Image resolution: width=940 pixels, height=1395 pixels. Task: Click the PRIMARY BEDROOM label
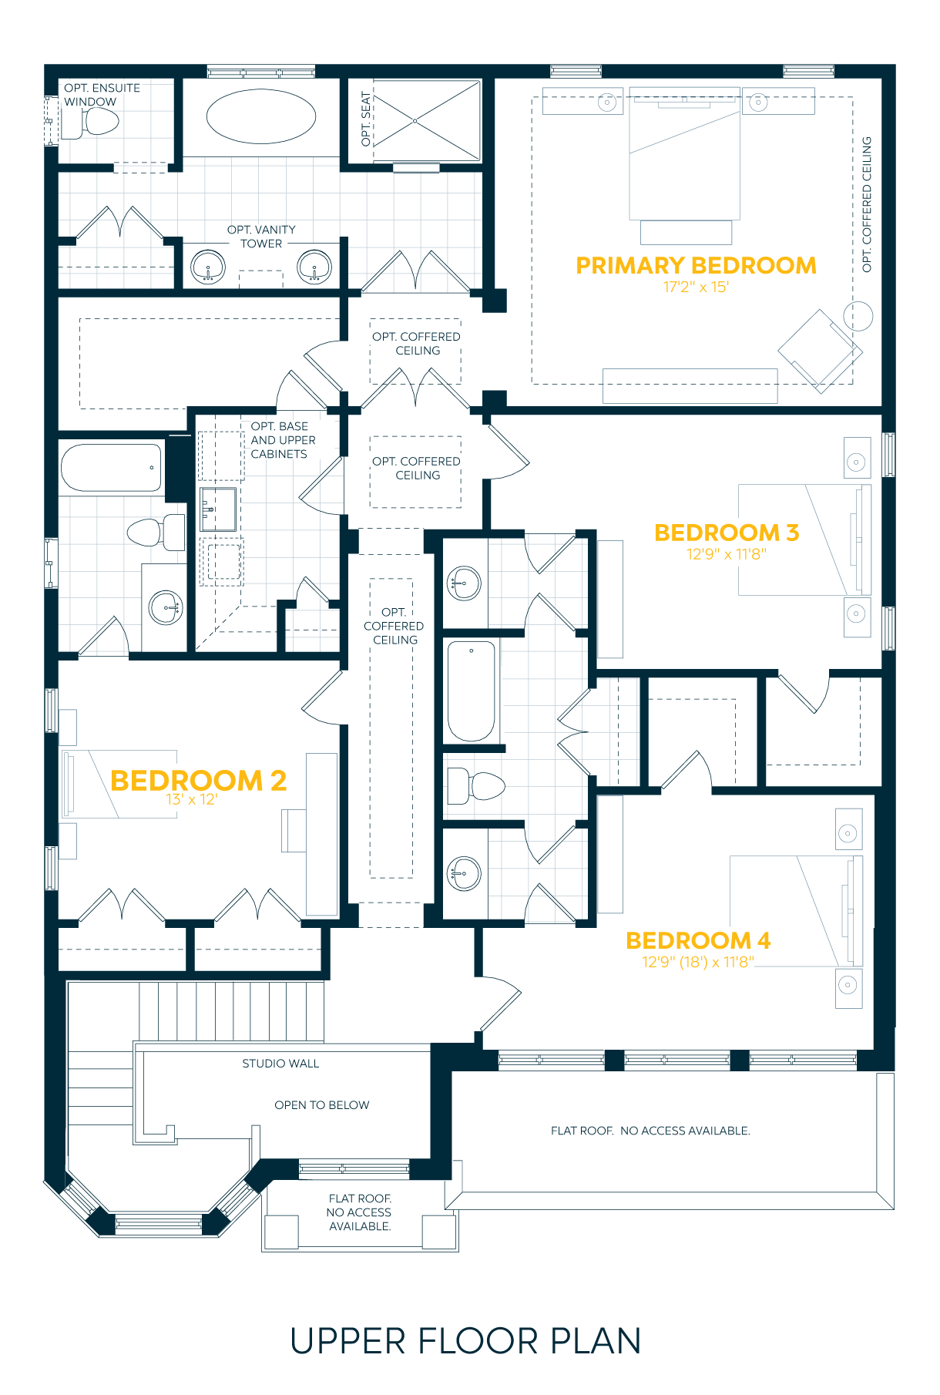pyautogui.click(x=696, y=266)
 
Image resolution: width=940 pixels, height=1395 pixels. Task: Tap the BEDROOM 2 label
pyautogui.click(x=198, y=781)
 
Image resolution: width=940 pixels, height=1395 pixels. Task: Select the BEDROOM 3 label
pyautogui.click(x=726, y=533)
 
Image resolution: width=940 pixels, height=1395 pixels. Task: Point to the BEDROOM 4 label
pyautogui.click(x=697, y=940)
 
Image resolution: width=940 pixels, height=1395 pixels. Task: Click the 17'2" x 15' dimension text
pyautogui.click(x=696, y=287)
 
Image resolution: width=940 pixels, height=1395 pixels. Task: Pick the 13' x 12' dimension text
pyautogui.click(x=192, y=800)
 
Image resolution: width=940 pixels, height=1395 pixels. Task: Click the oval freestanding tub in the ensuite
pyautogui.click(x=261, y=117)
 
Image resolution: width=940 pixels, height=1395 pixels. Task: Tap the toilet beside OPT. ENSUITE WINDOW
pyautogui.click(x=91, y=122)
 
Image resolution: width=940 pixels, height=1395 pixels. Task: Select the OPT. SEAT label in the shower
pyautogui.click(x=366, y=119)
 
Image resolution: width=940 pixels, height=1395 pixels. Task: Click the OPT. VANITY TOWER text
pyautogui.click(x=261, y=237)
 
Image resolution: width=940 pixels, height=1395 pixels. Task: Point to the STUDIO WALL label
pyautogui.click(x=280, y=1064)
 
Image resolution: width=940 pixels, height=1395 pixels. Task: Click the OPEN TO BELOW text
pyautogui.click(x=322, y=1105)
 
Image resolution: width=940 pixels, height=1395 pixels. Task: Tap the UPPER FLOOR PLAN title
pyautogui.click(x=465, y=1341)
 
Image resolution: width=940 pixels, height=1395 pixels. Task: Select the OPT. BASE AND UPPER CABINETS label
pyautogui.click(x=283, y=440)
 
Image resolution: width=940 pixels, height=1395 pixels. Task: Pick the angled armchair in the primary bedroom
pyautogui.click(x=820, y=351)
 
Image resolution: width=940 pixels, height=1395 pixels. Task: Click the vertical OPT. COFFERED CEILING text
pyautogui.click(x=867, y=204)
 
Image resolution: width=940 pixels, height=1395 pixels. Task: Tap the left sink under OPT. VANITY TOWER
pyautogui.click(x=207, y=267)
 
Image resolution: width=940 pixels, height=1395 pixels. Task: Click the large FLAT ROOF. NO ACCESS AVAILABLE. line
pyautogui.click(x=650, y=1131)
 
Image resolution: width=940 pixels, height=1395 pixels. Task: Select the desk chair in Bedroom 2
pyautogui.click(x=294, y=830)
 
